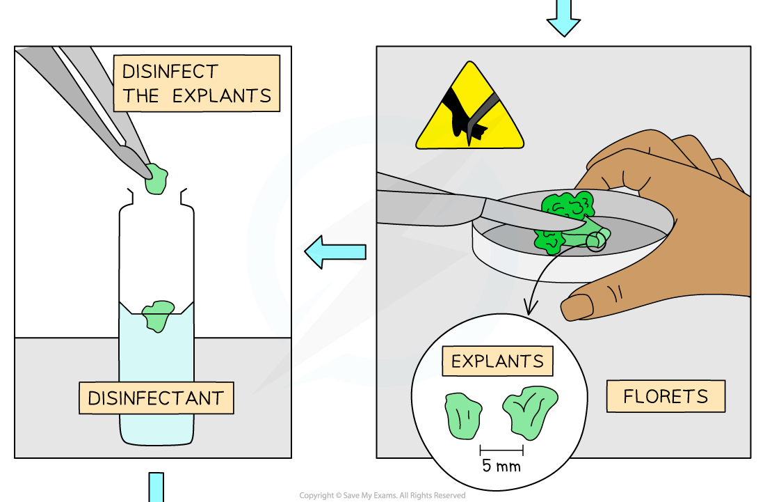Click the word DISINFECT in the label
170,71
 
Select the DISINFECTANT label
156,399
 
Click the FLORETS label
666,396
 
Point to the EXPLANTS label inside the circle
497,361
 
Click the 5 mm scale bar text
501,466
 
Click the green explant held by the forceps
159,180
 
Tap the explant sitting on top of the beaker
159,315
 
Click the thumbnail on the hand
578,306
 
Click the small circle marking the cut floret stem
596,241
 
